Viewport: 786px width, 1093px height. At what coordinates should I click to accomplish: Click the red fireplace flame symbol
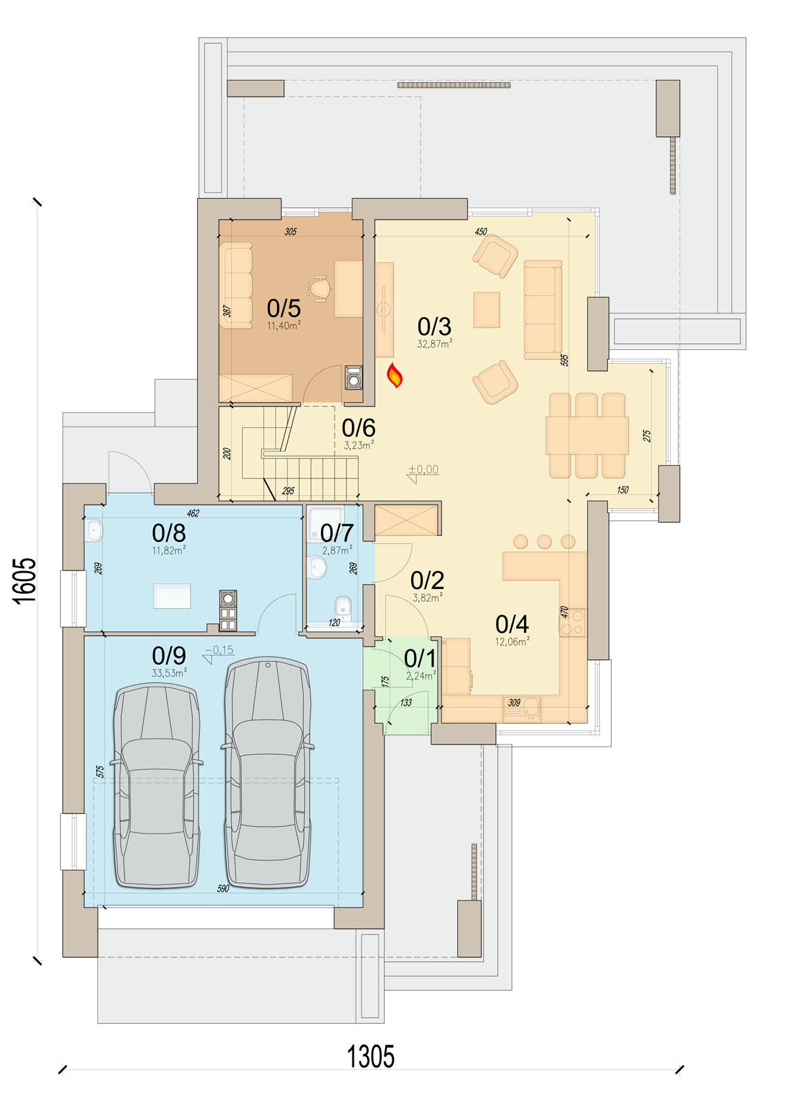[x=394, y=375]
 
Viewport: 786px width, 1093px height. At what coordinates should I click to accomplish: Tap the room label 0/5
[x=284, y=309]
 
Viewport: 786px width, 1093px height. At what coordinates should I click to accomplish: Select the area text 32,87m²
[x=434, y=343]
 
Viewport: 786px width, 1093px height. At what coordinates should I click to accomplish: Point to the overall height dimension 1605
[x=25, y=581]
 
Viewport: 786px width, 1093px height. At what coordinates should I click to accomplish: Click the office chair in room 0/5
[x=319, y=290]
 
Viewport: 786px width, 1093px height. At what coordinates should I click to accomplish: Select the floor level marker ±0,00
[x=423, y=469]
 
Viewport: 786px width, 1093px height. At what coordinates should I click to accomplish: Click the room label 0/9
[x=169, y=655]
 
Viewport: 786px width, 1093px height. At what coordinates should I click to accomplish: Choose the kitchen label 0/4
[x=512, y=624]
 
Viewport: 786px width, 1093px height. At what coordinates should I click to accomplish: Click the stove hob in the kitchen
[x=573, y=623]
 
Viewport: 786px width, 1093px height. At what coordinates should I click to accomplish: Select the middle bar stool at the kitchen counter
[x=544, y=542]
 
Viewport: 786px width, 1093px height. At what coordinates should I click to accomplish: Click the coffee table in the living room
[x=487, y=309]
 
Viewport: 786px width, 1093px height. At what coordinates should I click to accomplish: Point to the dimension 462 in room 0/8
[x=193, y=513]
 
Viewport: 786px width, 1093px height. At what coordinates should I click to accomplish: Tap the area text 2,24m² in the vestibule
[x=421, y=676]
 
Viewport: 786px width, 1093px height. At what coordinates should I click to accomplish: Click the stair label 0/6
[x=358, y=428]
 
